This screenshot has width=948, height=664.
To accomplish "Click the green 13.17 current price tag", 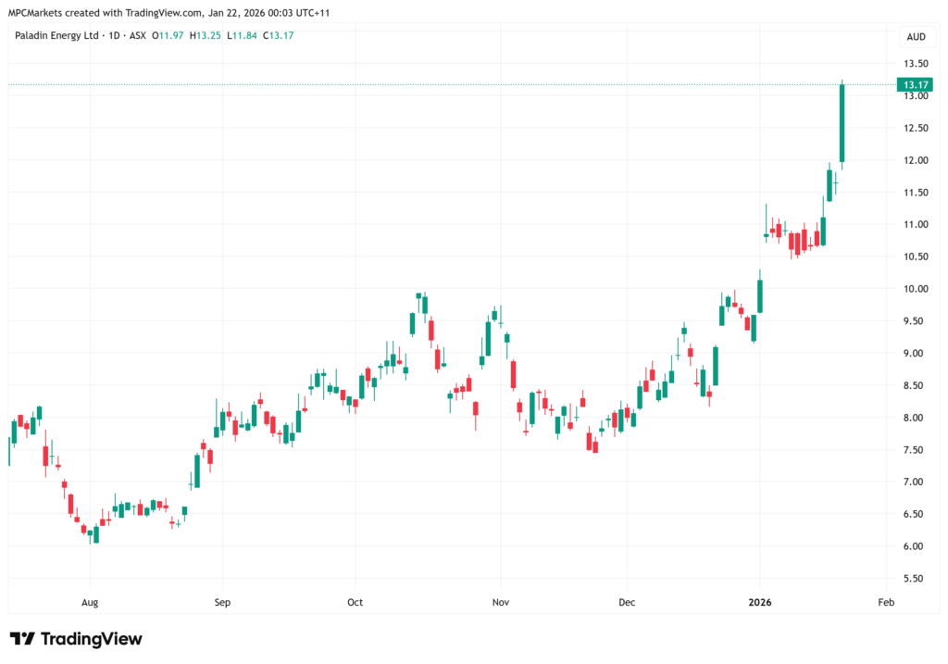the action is [x=915, y=84].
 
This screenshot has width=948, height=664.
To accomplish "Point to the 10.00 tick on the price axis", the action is [x=916, y=289].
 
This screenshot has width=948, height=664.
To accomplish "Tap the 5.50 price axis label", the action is [x=916, y=579].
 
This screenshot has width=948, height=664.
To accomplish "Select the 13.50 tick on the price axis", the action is [x=916, y=64].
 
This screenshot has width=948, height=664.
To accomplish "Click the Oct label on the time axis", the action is [x=355, y=602].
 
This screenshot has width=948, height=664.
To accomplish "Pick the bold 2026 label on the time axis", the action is [x=760, y=602].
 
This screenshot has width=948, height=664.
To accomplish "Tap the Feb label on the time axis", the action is [x=886, y=602].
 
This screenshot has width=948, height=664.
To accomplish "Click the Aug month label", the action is [x=90, y=602].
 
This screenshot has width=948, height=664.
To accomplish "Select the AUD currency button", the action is [x=916, y=37].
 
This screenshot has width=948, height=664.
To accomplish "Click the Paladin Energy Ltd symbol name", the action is [x=56, y=36].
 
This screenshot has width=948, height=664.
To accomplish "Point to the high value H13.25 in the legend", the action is [x=205, y=36].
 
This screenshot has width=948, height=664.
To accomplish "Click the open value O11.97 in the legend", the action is [x=168, y=36].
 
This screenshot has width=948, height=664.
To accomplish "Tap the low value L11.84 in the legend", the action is [x=242, y=36].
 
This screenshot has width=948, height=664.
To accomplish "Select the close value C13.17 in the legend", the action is [x=278, y=36].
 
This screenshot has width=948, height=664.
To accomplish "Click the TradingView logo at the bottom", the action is [x=76, y=639].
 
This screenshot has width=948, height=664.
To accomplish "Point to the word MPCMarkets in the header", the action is [x=34, y=13].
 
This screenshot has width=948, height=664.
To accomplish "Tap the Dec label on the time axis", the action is [x=627, y=602].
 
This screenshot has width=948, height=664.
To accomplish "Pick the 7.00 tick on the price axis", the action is [x=916, y=482].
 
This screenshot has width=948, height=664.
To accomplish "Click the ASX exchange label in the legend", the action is [x=138, y=36].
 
